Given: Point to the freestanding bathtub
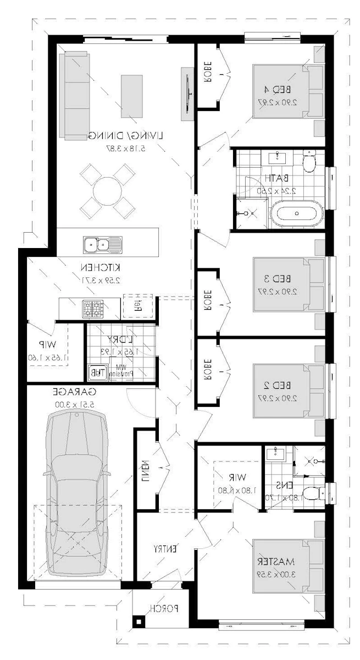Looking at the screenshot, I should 297,213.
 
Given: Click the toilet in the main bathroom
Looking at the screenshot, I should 309,162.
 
